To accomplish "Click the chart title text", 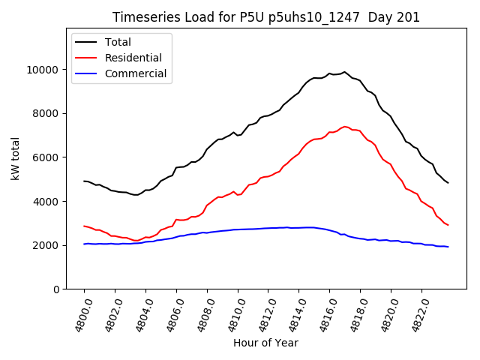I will (x=266, y=17).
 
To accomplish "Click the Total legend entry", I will (x=118, y=42).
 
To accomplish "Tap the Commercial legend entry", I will (x=134, y=74).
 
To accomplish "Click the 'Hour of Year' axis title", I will (x=265, y=343).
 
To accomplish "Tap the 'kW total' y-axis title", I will (x=15, y=159).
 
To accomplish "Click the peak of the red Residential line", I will (x=345, y=127).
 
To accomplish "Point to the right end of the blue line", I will (x=448, y=247).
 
